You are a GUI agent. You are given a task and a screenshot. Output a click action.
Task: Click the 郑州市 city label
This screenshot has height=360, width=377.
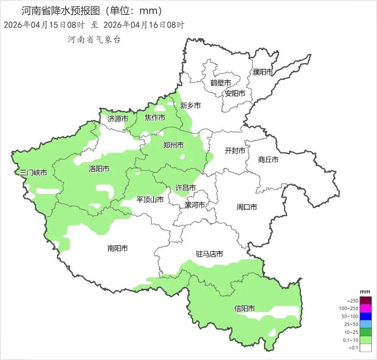pyautogui.click(x=173, y=145)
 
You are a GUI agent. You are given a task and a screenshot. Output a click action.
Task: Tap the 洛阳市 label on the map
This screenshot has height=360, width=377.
pyautogui.click(x=99, y=169)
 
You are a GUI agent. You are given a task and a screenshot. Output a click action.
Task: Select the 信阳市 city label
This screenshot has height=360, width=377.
pyautogui.click(x=244, y=309)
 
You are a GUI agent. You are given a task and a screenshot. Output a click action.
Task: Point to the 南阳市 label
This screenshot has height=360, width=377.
pyautogui.click(x=117, y=248)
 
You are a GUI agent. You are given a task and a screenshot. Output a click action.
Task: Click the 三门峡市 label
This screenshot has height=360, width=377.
pyautogui.click(x=33, y=173)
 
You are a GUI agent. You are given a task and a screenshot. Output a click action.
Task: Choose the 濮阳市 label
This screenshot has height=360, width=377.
pyautogui.click(x=263, y=72)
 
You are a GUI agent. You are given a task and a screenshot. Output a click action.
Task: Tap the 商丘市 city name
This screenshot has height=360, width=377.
pyautogui.click(x=268, y=160)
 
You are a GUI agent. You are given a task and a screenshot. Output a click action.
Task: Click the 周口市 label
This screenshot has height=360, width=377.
pyautogui.click(x=247, y=207)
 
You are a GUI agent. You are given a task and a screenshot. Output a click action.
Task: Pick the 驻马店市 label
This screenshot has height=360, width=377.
pyautogui.click(x=209, y=254)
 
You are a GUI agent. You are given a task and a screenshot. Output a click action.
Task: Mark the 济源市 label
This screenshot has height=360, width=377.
pyautogui.click(x=117, y=119)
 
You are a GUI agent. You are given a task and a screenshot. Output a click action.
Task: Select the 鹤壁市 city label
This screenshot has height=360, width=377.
pyautogui.click(x=221, y=83)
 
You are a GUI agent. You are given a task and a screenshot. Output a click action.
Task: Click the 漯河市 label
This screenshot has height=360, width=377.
pyautogui.click(x=195, y=205)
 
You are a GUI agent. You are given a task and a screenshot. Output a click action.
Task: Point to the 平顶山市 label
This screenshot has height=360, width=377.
pyautogui.click(x=150, y=199)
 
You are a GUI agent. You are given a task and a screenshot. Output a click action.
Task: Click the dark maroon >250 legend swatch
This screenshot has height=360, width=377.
pyautogui.click(x=366, y=300)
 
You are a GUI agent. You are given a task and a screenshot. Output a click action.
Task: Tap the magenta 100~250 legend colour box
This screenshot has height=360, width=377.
pyautogui.click(x=366, y=308)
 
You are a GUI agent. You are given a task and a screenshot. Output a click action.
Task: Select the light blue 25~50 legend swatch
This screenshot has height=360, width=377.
pyautogui.click(x=366, y=324)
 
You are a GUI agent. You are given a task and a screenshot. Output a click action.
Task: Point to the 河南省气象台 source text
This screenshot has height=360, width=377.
pyautogui.click(x=94, y=39)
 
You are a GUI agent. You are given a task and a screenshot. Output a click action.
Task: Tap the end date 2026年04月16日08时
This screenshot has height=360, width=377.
pyautogui.click(x=144, y=25)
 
